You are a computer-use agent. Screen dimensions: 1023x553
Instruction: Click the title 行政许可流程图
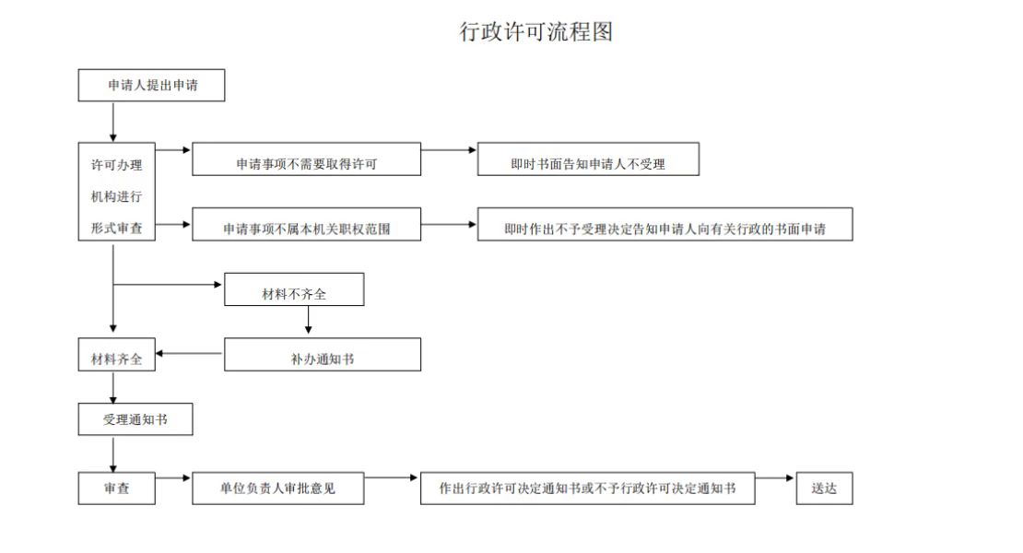(536, 31)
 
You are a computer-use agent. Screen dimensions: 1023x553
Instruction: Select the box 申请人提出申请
(151, 86)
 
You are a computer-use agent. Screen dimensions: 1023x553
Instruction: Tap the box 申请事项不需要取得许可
(307, 159)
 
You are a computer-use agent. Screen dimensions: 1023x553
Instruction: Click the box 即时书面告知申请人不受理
(589, 159)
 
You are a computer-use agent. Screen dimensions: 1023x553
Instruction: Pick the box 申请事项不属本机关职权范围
(307, 224)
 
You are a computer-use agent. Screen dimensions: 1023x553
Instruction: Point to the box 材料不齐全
(294, 289)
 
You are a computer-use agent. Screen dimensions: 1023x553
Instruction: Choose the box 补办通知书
(323, 355)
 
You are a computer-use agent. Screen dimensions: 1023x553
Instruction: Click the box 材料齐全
(117, 355)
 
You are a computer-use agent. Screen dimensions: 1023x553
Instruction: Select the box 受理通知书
(135, 419)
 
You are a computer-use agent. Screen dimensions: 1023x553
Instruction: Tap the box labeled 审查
(117, 488)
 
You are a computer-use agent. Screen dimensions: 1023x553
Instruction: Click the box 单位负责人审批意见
(278, 488)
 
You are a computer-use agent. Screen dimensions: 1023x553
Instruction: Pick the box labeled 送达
(825, 488)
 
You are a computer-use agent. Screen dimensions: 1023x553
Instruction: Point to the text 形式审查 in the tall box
(117, 229)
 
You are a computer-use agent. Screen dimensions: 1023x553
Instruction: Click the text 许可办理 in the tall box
(117, 165)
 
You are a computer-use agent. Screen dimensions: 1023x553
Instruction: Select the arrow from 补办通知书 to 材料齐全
(190, 353)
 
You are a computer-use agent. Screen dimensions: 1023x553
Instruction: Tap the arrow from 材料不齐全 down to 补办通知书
(308, 320)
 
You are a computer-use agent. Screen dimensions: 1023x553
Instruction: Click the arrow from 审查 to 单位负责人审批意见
(173, 478)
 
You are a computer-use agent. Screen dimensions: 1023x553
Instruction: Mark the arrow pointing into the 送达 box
(775, 478)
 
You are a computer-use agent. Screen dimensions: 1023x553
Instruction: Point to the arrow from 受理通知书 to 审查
(112, 453)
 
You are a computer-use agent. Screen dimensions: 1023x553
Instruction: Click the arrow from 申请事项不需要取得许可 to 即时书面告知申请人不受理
(449, 150)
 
